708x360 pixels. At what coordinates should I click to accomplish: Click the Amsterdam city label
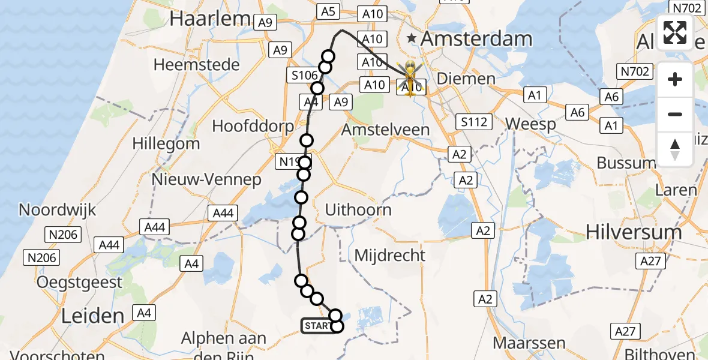tap(476, 39)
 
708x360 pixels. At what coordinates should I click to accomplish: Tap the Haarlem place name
tap(209, 19)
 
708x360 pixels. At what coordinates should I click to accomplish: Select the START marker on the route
tap(317, 326)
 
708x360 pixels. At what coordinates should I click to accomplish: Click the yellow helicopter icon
tap(411, 76)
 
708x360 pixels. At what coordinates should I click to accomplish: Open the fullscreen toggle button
tap(675, 32)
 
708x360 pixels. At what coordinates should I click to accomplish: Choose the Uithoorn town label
tap(358, 210)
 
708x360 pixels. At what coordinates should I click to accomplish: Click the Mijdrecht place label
tap(390, 255)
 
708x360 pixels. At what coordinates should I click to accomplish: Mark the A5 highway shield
tap(327, 11)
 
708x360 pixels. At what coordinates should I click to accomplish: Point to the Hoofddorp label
tap(253, 127)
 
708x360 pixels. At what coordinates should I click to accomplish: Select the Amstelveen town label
tap(385, 130)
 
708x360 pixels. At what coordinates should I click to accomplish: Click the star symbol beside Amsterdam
tap(411, 39)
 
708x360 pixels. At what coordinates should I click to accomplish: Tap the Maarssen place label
tap(529, 343)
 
